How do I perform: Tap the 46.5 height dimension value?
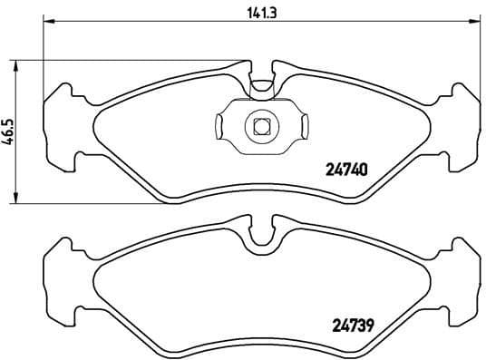click(10, 128)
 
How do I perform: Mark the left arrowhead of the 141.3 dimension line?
click(47, 23)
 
